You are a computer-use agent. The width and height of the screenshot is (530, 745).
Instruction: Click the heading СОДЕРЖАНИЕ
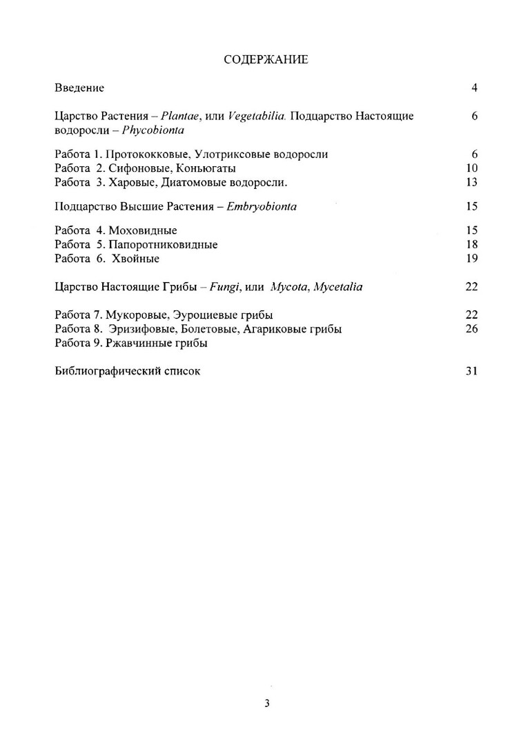click(x=266, y=60)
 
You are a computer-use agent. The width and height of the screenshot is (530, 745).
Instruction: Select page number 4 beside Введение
click(x=475, y=88)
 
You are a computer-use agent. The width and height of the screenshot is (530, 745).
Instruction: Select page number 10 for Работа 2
click(x=472, y=168)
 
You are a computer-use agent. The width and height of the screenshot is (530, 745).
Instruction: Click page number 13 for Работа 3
click(x=472, y=181)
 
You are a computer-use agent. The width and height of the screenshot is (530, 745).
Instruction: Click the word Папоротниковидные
click(x=163, y=244)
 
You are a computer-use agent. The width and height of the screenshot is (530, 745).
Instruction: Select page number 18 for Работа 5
click(x=472, y=244)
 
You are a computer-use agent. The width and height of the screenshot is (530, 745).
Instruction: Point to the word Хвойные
click(x=135, y=258)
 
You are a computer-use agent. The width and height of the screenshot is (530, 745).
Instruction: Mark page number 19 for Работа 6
click(x=472, y=258)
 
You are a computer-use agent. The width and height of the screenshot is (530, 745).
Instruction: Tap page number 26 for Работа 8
click(x=472, y=328)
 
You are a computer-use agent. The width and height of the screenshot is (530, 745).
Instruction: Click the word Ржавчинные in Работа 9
click(x=139, y=342)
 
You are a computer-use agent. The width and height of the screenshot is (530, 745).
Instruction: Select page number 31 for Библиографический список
click(x=472, y=370)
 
